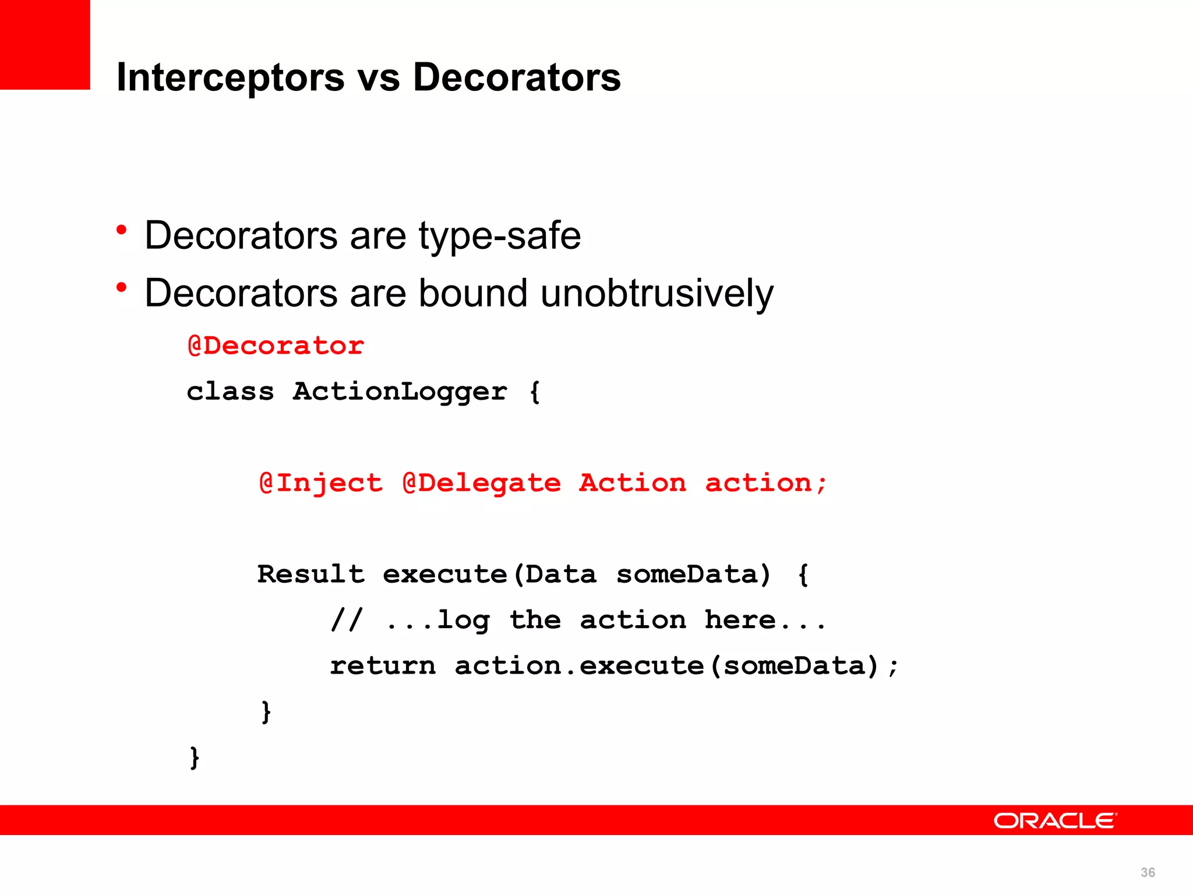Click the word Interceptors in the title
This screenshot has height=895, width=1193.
[230, 77]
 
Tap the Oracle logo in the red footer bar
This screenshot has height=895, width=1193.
[1055, 821]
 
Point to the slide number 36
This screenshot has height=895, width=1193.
[1148, 872]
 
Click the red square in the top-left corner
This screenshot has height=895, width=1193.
[45, 45]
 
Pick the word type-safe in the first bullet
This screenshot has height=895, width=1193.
[500, 236]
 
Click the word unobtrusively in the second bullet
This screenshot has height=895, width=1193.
[657, 293]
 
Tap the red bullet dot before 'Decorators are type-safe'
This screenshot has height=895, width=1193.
[121, 230]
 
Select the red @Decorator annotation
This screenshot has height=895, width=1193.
[276, 346]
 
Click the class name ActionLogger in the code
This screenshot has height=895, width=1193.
[400, 392]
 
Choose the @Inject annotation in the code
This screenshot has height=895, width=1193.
[321, 483]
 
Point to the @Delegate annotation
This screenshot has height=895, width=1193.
[482, 483]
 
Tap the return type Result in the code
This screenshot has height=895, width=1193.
[311, 575]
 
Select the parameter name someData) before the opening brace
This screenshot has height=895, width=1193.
[694, 575]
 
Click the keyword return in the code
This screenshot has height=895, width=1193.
[383, 666]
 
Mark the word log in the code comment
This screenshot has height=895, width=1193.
[464, 621]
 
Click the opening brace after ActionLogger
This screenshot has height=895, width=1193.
[535, 392]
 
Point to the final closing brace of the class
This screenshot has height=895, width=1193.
[195, 757]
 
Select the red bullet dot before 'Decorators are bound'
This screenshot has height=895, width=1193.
[121, 287]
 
